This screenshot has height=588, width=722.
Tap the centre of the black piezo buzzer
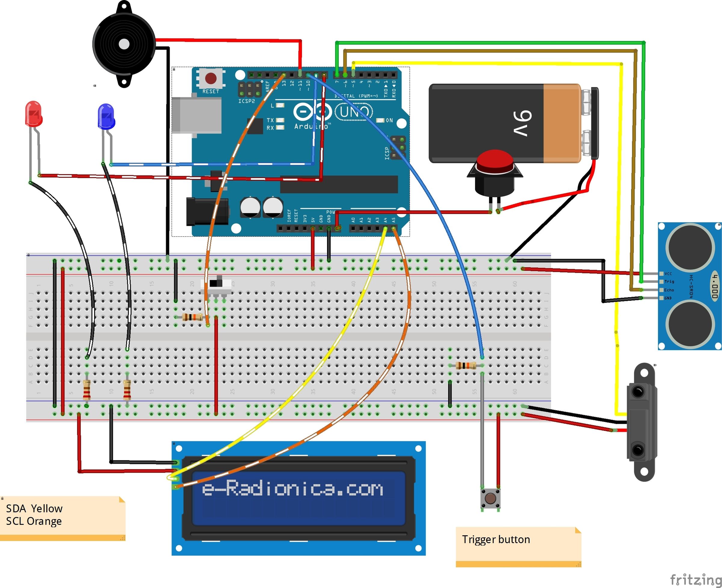[124, 44]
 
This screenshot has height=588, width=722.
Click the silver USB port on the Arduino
[197, 115]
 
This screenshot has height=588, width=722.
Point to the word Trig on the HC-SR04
[669, 282]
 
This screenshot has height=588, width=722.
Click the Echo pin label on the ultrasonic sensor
[669, 290]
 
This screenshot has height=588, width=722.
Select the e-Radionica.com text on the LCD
[293, 489]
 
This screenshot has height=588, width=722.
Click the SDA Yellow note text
[34, 509]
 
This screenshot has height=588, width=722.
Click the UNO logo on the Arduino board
[354, 111]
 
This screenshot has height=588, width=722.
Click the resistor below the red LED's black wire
[87, 390]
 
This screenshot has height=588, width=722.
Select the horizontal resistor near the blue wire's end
[466, 366]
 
